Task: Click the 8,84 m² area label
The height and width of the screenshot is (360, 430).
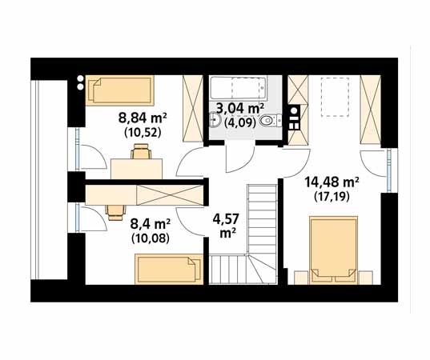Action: tap(143, 118)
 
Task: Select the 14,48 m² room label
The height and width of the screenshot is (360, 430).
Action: tap(332, 182)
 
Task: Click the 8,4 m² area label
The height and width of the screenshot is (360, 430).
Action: tap(151, 224)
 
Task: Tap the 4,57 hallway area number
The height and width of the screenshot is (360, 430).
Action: tap(226, 219)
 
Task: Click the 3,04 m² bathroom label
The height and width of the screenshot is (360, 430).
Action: tap(240, 109)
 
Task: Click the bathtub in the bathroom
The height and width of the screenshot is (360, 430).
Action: tap(238, 88)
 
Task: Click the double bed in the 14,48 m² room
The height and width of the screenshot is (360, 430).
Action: tap(333, 250)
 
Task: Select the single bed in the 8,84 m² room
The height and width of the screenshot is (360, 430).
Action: tap(120, 90)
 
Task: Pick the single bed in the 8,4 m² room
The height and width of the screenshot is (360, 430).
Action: tap(169, 269)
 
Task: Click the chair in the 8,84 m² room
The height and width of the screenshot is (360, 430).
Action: tap(141, 151)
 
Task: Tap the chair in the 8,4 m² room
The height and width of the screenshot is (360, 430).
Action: tap(116, 212)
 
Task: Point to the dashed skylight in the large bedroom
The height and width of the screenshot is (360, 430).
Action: tap(335, 97)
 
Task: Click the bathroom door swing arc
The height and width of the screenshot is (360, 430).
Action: tap(240, 159)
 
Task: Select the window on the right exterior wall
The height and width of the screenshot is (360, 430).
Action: tap(389, 170)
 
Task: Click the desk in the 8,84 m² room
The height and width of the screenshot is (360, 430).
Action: tap(136, 169)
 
